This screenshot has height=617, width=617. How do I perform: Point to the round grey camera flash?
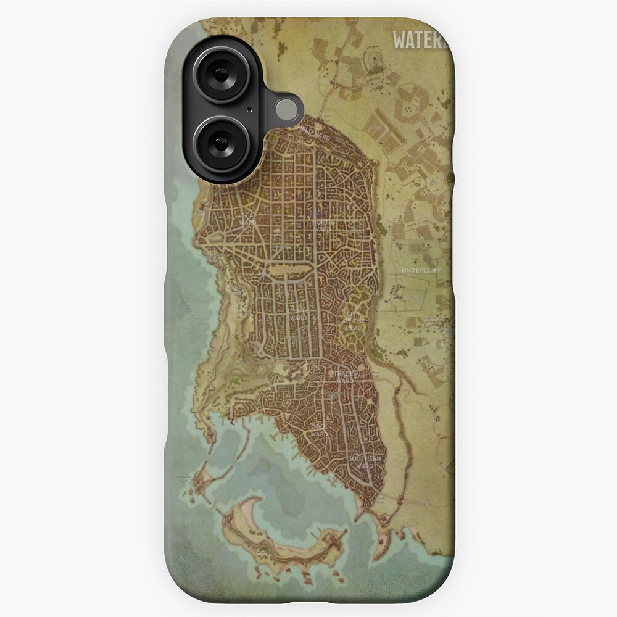click(285, 109)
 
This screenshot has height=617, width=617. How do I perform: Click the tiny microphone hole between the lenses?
click(249, 110)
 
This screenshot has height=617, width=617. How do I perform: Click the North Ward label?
click(323, 226)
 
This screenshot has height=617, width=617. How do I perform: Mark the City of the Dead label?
click(355, 321)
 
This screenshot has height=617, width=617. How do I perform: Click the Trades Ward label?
click(346, 377)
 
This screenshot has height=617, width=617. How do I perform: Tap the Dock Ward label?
click(319, 430)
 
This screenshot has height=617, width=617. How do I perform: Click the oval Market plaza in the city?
click(288, 270)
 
